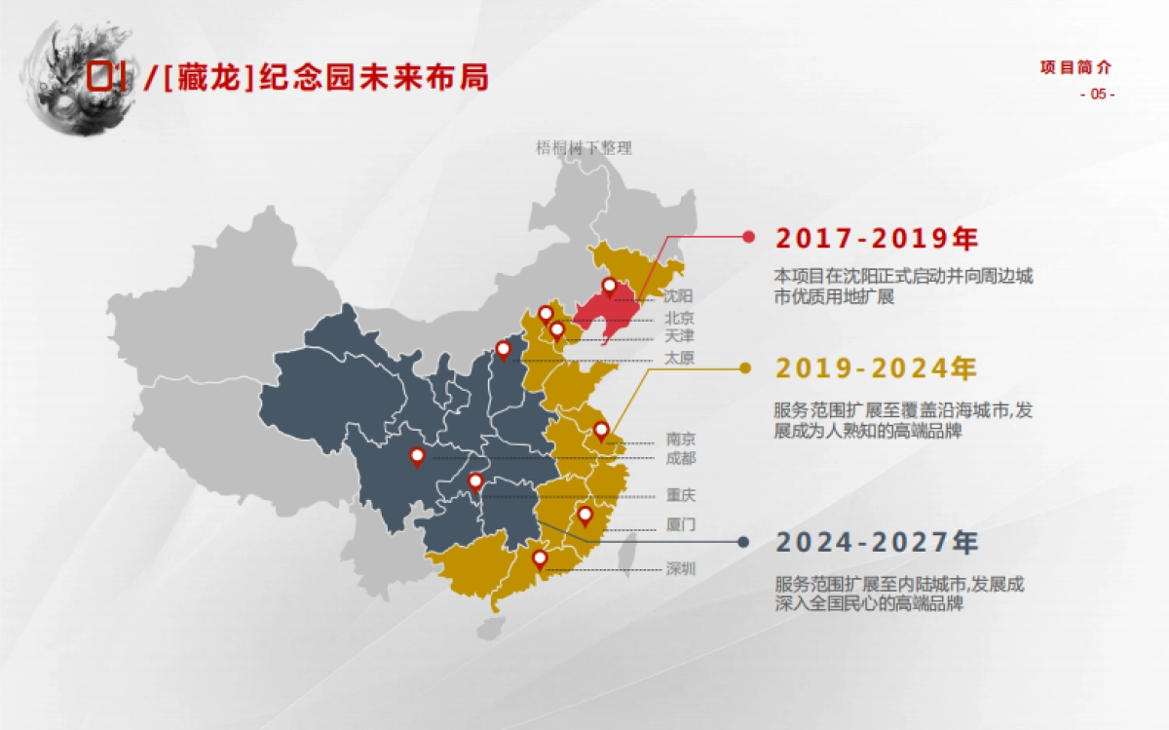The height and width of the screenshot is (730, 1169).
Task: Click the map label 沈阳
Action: click(x=679, y=294)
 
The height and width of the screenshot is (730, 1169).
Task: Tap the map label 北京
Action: click(x=679, y=318)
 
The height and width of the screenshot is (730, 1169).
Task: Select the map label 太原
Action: click(x=679, y=358)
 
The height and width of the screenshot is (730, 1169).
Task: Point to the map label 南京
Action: click(x=681, y=439)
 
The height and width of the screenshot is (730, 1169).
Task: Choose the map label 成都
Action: click(x=681, y=458)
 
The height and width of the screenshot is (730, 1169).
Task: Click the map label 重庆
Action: click(x=681, y=495)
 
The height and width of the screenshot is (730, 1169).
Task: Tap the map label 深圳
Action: click(x=681, y=569)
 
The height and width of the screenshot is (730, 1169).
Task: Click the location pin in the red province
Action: click(x=610, y=287)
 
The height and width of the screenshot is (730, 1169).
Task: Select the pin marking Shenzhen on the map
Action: click(x=540, y=558)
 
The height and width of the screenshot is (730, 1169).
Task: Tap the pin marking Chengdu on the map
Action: click(x=417, y=455)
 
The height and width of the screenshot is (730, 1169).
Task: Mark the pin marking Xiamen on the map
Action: click(x=585, y=515)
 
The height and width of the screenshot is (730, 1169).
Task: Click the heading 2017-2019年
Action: click(x=876, y=239)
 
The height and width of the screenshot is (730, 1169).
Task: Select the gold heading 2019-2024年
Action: click(x=876, y=369)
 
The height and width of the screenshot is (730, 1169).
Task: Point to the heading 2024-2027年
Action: click(x=877, y=543)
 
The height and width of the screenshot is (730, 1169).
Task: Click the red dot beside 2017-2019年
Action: click(x=748, y=237)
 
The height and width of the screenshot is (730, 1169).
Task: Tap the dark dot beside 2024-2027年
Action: click(x=743, y=542)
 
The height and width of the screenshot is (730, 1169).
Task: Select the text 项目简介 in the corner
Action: click(x=1075, y=67)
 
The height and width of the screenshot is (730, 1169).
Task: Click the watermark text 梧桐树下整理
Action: click(x=584, y=148)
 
